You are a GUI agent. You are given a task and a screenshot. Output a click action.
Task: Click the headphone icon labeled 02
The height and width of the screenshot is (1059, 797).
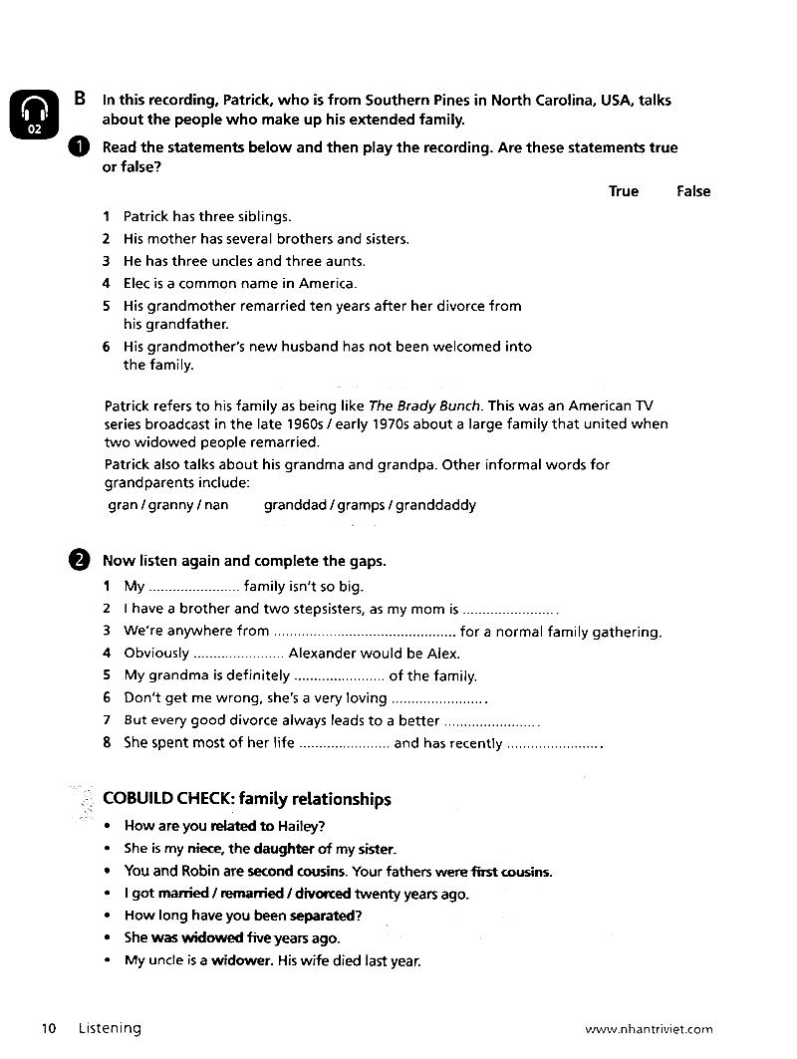(x=34, y=115)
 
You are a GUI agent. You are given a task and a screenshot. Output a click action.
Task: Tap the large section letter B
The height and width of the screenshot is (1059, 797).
(x=80, y=99)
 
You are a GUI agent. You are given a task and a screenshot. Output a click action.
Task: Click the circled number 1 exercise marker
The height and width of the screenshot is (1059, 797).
(x=80, y=147)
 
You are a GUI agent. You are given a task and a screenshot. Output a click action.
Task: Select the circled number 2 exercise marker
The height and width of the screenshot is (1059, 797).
(x=80, y=560)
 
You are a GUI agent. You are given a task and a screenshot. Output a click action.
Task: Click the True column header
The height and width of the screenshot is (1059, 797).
(x=624, y=191)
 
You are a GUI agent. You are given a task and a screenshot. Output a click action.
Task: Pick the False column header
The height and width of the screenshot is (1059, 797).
(x=693, y=191)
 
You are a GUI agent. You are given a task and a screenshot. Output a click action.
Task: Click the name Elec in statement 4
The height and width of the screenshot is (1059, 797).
(x=138, y=283)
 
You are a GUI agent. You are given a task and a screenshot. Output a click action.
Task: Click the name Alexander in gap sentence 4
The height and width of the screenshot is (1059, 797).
(x=325, y=654)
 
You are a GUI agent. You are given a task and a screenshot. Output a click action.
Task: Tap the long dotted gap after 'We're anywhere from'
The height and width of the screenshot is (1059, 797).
(x=365, y=632)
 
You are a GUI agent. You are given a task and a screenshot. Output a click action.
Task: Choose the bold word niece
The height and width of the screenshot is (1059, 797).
(x=204, y=849)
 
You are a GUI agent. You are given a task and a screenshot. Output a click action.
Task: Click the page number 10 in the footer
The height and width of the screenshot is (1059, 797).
(x=49, y=1028)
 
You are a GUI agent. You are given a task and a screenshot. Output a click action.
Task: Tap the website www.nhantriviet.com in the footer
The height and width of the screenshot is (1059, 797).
(x=650, y=1029)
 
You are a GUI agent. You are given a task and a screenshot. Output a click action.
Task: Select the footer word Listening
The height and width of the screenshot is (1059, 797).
(x=111, y=1028)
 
